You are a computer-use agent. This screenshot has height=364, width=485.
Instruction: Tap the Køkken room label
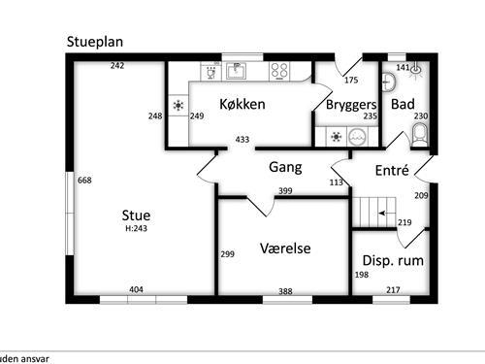pyautogui.click(x=242, y=104)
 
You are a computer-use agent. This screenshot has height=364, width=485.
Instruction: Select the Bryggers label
pyautogui.click(x=350, y=104)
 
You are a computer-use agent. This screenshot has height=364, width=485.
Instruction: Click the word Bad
pyautogui.click(x=403, y=104)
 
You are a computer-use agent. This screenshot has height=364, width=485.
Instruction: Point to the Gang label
pyautogui.click(x=285, y=167)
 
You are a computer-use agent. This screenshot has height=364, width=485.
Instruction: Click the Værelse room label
pyautogui.click(x=285, y=248)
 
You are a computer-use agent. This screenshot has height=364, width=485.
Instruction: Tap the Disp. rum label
pyautogui.click(x=392, y=261)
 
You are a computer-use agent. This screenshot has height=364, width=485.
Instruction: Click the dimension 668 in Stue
pyautogui.click(x=84, y=181)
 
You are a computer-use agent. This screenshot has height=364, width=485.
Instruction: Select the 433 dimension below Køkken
pyautogui.click(x=242, y=141)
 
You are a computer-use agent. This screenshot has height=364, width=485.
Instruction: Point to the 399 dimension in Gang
pyautogui.click(x=285, y=191)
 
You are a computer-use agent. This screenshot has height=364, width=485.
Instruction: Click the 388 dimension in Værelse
pyautogui.click(x=285, y=291)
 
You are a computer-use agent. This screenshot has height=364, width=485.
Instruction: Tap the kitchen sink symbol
pyautogui.click(x=236, y=70)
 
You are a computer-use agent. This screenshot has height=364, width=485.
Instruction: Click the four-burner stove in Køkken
pyautogui.click(x=280, y=70)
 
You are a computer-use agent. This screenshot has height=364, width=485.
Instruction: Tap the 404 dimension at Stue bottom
pyautogui.click(x=137, y=289)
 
